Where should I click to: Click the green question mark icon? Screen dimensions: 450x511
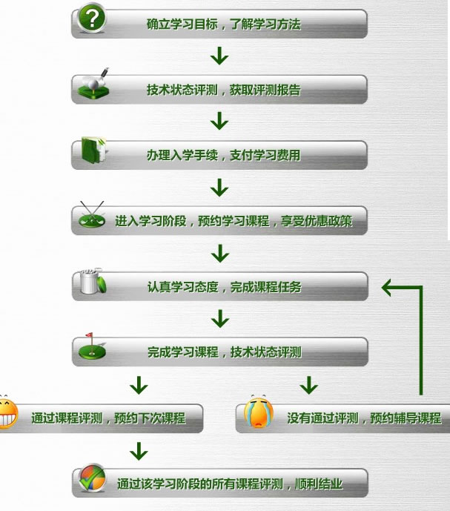92,18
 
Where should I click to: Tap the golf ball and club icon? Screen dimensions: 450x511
94,84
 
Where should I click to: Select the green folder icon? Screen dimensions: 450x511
93,150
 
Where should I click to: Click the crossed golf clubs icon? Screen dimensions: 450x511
92,215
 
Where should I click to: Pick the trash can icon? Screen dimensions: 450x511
93,281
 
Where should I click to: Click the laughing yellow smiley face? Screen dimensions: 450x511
8,412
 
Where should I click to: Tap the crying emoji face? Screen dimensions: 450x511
259,413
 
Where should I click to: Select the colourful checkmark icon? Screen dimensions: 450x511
93,478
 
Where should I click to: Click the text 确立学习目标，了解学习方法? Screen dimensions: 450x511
224,24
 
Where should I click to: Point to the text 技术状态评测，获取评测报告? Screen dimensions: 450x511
224,90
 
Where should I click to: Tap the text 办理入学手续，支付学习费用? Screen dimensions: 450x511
224,155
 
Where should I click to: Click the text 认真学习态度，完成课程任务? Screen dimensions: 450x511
224,287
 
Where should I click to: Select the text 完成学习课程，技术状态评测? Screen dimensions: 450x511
224,352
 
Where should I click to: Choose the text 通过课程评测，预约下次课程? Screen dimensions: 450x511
108,418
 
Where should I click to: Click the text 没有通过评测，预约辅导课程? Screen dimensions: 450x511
364,418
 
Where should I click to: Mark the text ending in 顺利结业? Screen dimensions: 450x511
230,484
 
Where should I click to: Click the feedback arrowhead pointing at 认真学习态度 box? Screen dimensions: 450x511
386,288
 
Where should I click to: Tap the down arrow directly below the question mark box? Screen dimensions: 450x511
219,56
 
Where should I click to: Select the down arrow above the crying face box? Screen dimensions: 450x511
309,385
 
